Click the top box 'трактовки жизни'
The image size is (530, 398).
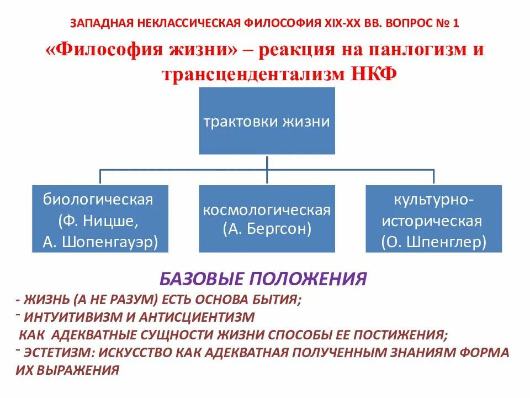tap(267, 121)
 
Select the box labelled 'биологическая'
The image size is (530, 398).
tap(99, 219)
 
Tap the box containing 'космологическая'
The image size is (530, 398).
tap(267, 219)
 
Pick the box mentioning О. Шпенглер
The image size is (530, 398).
tap(433, 219)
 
